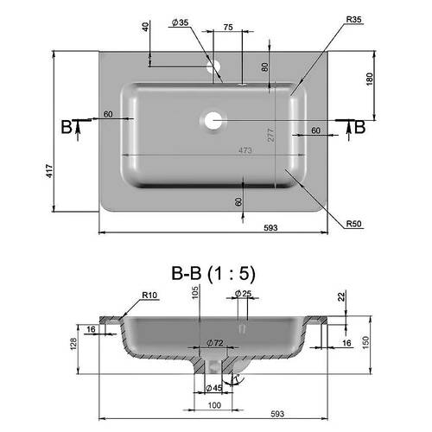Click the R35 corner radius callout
(x=353, y=20)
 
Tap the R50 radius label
(x=353, y=224)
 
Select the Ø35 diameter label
(x=180, y=22)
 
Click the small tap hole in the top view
(x=213, y=67)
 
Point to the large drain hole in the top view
(x=213, y=120)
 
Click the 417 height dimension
(x=49, y=171)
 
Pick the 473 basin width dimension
(x=245, y=150)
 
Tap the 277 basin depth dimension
(x=271, y=135)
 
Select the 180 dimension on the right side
(x=369, y=79)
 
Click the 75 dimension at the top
(x=228, y=28)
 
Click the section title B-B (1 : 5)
(x=213, y=273)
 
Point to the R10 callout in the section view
(x=149, y=295)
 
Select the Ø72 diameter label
(x=215, y=343)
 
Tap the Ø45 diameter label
(x=214, y=388)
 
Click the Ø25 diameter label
(x=243, y=294)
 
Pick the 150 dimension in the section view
(x=365, y=343)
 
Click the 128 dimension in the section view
(x=73, y=344)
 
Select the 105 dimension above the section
(x=195, y=292)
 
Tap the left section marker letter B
(x=67, y=127)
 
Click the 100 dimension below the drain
(x=214, y=405)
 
